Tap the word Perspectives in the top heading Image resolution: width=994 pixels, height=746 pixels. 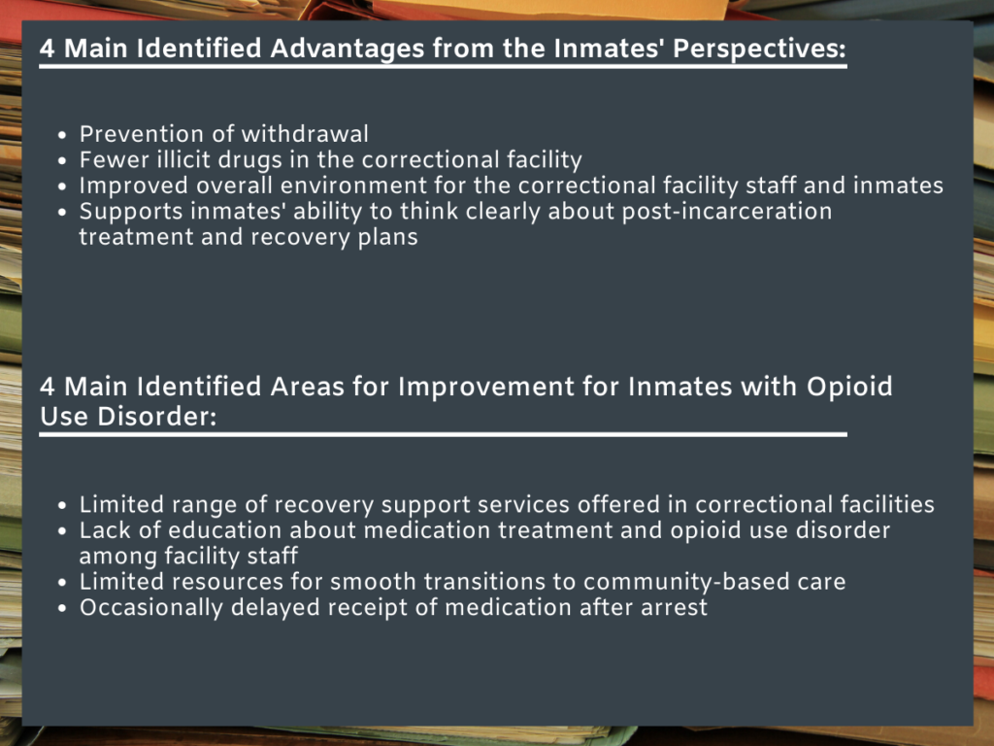click(761, 49)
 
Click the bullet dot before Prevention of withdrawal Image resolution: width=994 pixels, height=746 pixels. click(62, 135)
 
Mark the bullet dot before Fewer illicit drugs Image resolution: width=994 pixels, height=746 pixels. click(62, 160)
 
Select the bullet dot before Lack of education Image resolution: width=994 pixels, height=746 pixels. click(62, 531)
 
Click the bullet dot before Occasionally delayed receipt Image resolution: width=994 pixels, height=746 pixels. click(62, 608)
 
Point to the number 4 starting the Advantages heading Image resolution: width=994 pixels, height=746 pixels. click(47, 49)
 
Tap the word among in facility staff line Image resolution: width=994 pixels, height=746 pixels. click(112, 556)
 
